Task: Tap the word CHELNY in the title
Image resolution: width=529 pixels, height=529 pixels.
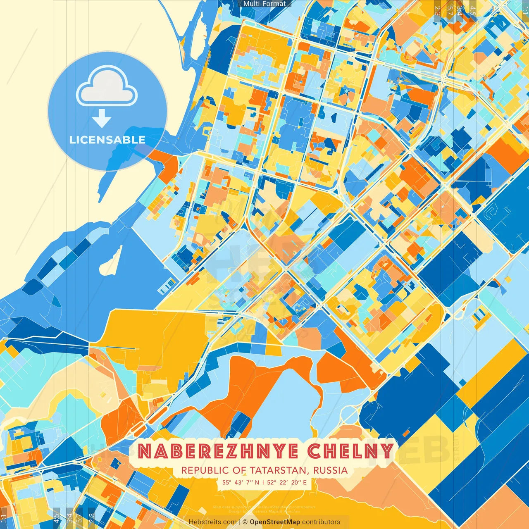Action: click(350, 451)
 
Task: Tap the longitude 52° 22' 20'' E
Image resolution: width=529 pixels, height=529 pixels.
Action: click(287, 482)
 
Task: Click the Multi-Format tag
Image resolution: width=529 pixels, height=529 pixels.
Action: click(264, 3)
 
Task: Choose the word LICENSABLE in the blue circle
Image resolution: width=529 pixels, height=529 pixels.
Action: click(107, 140)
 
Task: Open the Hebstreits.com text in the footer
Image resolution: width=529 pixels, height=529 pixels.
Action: click(213, 522)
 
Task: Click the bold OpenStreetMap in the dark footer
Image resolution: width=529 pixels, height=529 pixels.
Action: click(275, 522)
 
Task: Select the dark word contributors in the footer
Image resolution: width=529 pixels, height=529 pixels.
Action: click(321, 522)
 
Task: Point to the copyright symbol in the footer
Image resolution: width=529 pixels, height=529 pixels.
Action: click(245, 522)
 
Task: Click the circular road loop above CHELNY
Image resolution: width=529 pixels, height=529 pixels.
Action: click(349, 413)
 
